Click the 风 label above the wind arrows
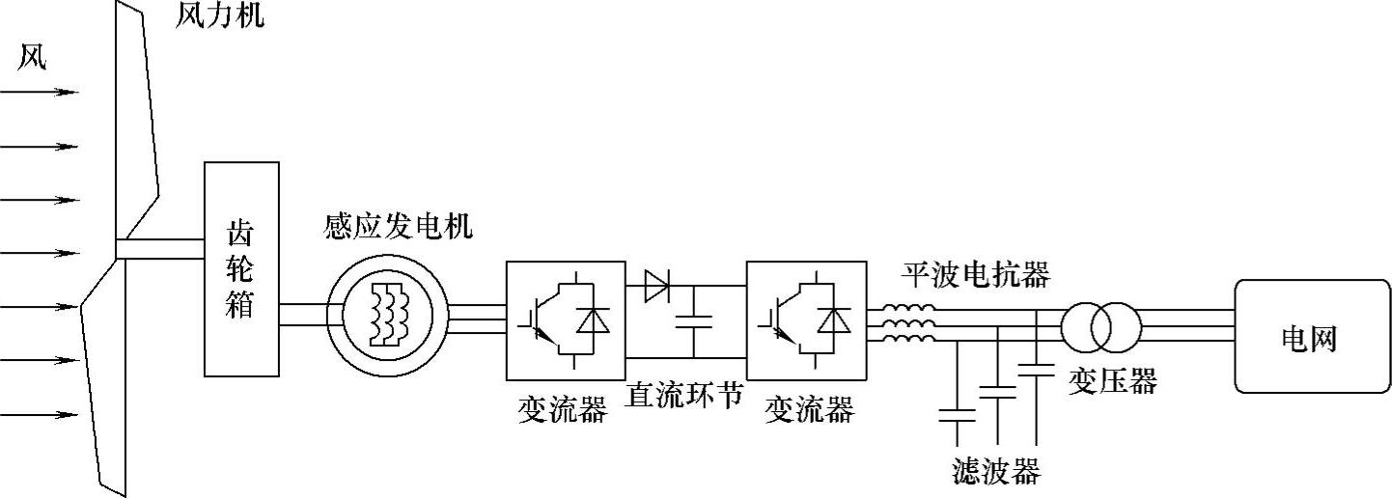pos(33,60)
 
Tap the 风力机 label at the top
pos(219,16)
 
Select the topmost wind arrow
pos(39,93)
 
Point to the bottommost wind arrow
pos(39,415)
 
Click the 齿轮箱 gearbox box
pos(241,268)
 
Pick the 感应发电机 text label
pos(398,227)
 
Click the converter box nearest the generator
pos(566,319)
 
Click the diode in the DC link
pos(659,286)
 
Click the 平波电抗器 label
pos(975,275)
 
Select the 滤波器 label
pos(995,472)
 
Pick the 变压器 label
pos(1112,381)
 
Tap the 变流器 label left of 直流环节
pos(562,410)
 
